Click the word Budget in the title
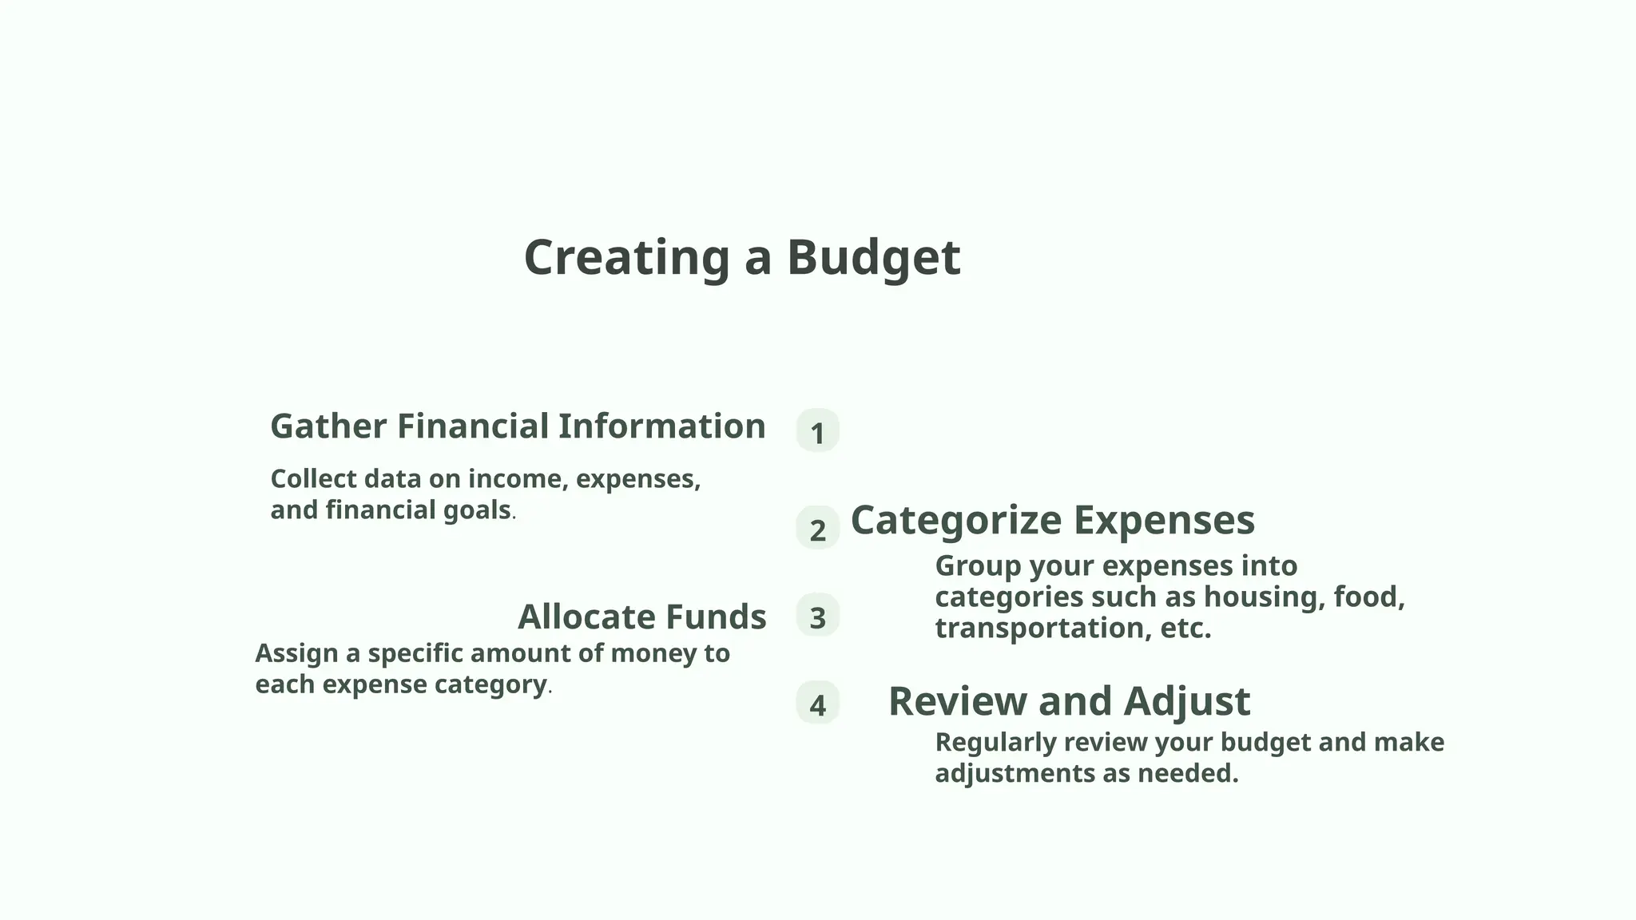click(x=873, y=258)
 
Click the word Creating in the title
click(x=626, y=258)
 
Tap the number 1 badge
click(x=817, y=432)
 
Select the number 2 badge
click(x=817, y=529)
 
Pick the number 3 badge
click(x=817, y=617)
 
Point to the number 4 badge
click(x=817, y=704)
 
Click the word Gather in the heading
click(x=328, y=426)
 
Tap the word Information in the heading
click(x=661, y=426)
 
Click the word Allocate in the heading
click(x=586, y=617)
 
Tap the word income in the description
click(x=516, y=479)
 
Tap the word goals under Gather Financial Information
click(x=477, y=510)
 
